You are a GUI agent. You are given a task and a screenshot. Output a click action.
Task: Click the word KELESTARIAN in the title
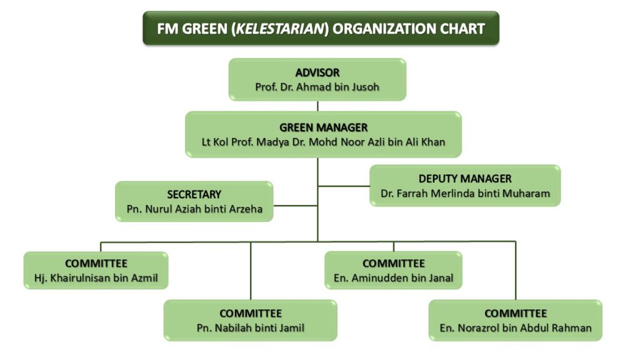point(281,29)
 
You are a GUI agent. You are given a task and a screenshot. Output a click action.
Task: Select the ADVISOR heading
point(317,72)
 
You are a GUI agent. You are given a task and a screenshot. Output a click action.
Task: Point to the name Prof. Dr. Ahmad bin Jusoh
point(317,87)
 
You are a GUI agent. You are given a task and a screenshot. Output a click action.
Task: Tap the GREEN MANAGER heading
point(323,127)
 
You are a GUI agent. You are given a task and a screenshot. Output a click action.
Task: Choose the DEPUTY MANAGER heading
point(465,179)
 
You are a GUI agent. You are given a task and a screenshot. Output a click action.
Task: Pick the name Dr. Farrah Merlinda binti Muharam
point(465,194)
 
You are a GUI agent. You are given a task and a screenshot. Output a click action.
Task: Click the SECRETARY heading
point(194,194)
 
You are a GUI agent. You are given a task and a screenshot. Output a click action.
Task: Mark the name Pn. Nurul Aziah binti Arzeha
point(194,209)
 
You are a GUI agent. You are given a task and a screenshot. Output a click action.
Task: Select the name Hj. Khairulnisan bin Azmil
point(96,278)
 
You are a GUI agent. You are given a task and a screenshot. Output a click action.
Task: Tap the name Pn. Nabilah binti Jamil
point(250,327)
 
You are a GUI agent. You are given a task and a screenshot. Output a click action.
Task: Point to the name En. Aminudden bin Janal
point(393,278)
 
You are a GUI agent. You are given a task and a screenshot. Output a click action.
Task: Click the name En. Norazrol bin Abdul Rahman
point(515,327)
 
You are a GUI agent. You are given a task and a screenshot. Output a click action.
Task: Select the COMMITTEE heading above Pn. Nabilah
point(250,313)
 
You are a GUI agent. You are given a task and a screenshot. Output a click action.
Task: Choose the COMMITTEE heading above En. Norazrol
point(515,313)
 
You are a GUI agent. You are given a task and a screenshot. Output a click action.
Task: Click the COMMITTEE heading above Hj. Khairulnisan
point(96,263)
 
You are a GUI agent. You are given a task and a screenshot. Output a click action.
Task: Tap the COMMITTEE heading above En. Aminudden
point(393,263)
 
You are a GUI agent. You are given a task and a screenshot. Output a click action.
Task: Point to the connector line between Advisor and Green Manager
point(317,106)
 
